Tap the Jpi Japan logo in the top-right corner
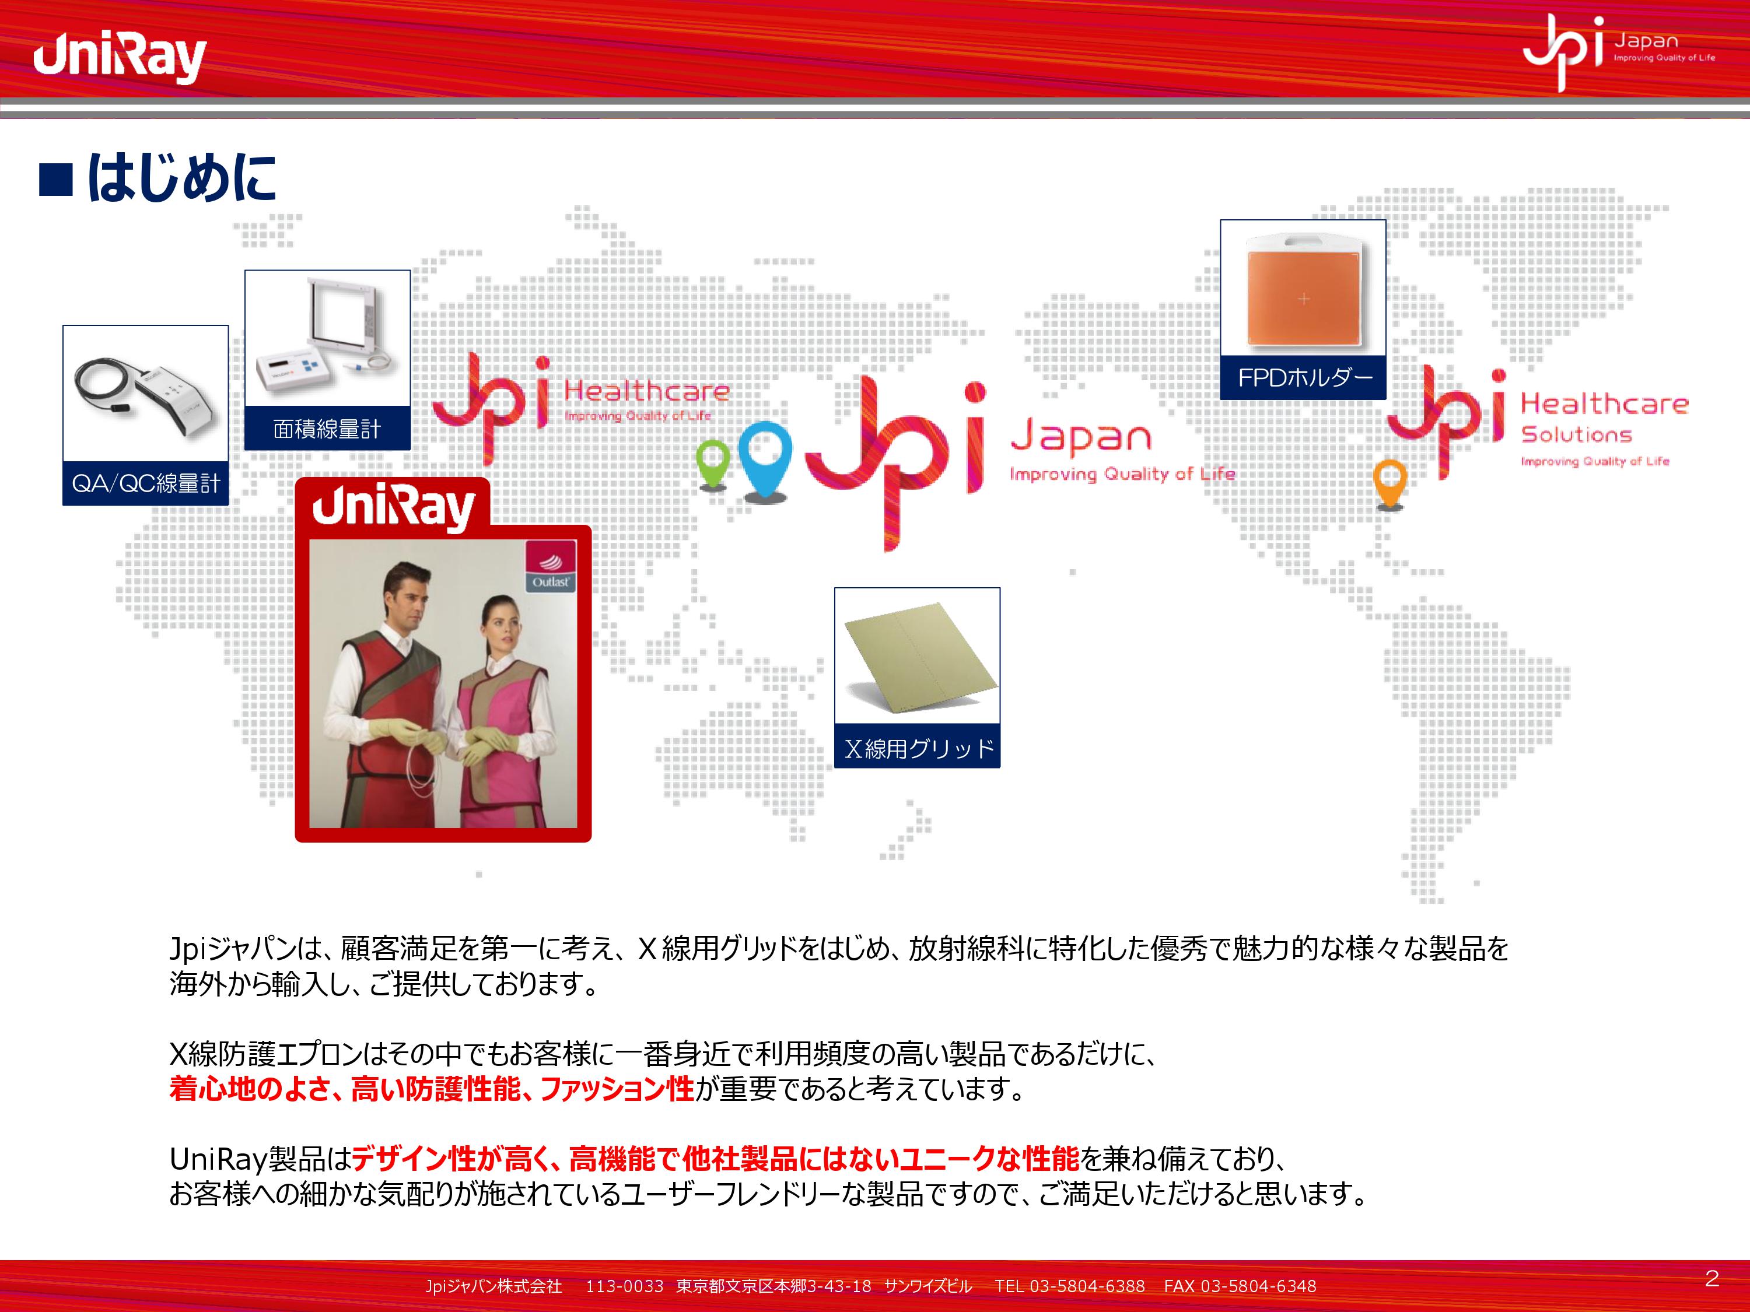pyautogui.click(x=1618, y=52)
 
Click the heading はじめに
pyautogui.click(x=182, y=178)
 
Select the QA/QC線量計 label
pyautogui.click(x=146, y=483)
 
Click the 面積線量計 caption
pyautogui.click(x=327, y=429)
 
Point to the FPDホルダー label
pyautogui.click(x=1304, y=378)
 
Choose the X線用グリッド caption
pyautogui.click(x=918, y=748)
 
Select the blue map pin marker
pyautogui.click(x=765, y=459)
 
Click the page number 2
pyautogui.click(x=1712, y=1278)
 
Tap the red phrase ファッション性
pyautogui.click(x=617, y=1089)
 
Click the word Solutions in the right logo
pyautogui.click(x=1576, y=434)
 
